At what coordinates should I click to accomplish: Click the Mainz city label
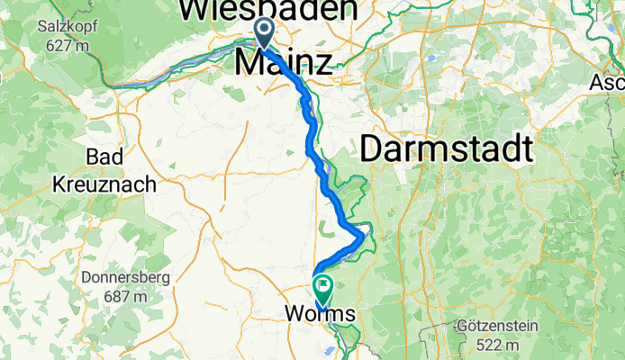283,63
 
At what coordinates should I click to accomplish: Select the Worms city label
321,314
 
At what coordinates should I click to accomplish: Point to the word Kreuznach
105,184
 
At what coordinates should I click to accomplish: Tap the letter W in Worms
294,314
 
